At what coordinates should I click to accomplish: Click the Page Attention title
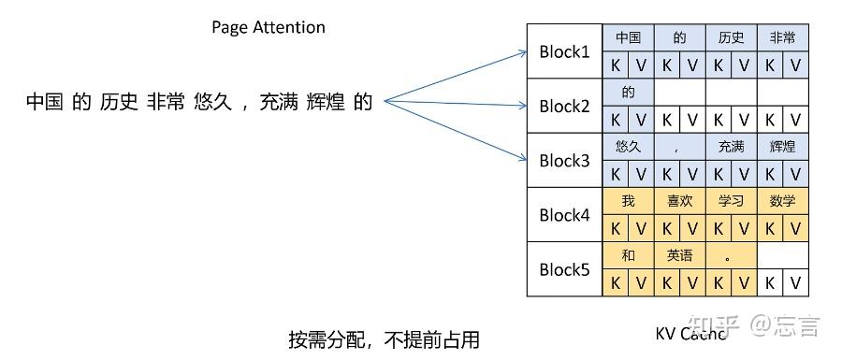click(x=269, y=27)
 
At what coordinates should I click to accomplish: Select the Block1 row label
click(x=564, y=51)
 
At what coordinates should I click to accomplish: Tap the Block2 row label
click(x=564, y=106)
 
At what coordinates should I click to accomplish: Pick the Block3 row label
click(x=564, y=160)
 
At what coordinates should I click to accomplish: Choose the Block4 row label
click(x=564, y=214)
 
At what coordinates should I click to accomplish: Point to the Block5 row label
click(x=564, y=269)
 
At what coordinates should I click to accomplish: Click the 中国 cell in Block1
click(x=628, y=38)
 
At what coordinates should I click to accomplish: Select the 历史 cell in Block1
click(x=732, y=38)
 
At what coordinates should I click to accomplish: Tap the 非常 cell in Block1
click(x=783, y=38)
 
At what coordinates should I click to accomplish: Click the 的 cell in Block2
click(x=628, y=93)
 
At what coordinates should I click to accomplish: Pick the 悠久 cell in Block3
click(x=628, y=147)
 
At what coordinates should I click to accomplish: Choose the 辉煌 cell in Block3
click(x=783, y=147)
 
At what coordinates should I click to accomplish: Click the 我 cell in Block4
click(x=628, y=201)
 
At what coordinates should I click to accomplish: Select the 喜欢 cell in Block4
click(x=680, y=201)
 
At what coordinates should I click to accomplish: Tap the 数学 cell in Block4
click(x=783, y=201)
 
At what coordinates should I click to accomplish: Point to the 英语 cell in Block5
click(x=680, y=255)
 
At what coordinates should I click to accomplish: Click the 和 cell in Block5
click(x=628, y=255)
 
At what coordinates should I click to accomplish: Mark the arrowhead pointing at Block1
click(x=524, y=53)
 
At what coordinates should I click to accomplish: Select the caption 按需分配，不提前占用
click(x=385, y=338)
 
